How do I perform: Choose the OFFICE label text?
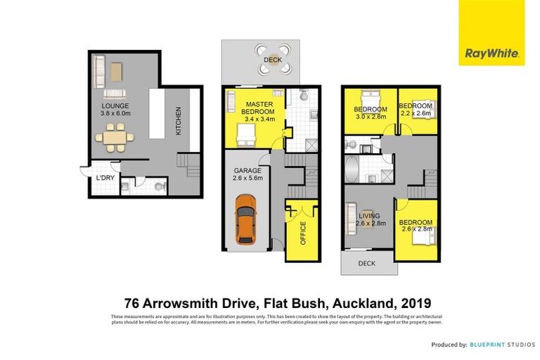tap(304, 232)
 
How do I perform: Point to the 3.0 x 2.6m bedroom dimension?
tap(371, 117)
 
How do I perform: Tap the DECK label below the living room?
tap(366, 264)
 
